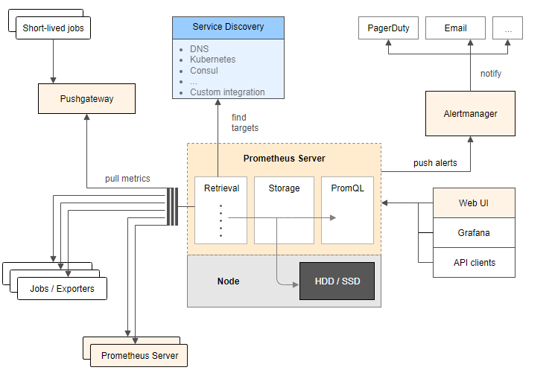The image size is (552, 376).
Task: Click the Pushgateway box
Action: (86, 98)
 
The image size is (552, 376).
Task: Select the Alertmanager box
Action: (470, 114)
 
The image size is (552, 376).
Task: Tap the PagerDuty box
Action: (388, 28)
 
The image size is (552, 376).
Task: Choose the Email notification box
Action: (456, 28)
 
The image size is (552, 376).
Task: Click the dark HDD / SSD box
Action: (337, 281)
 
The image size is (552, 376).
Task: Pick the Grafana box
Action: (474, 232)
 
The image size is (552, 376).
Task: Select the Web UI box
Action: (474, 203)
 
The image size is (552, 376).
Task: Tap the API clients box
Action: (474, 262)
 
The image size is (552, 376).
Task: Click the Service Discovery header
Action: (228, 28)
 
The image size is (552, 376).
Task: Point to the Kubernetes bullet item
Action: (212, 60)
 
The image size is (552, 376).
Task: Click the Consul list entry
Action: (204, 70)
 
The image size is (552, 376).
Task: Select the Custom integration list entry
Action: (227, 92)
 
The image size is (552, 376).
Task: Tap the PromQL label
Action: (347, 188)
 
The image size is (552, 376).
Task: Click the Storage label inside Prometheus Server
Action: (284, 188)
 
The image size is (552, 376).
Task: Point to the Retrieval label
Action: (221, 188)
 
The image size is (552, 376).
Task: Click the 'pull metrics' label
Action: (127, 179)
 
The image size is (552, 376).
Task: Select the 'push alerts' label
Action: (435, 163)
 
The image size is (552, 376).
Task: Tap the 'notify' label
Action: (491, 74)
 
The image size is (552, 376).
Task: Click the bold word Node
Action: (228, 281)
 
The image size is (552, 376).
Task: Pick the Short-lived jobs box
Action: (53, 28)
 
